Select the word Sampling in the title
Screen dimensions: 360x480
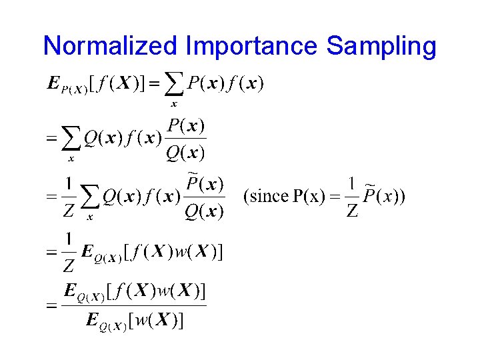381,46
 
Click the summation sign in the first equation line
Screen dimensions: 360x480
174,83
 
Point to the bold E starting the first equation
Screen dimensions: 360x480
53,83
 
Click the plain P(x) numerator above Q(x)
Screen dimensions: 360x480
186,125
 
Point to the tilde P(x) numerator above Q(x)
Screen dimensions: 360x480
205,183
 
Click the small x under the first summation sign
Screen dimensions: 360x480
174,104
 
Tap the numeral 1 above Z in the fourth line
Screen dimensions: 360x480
68,239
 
